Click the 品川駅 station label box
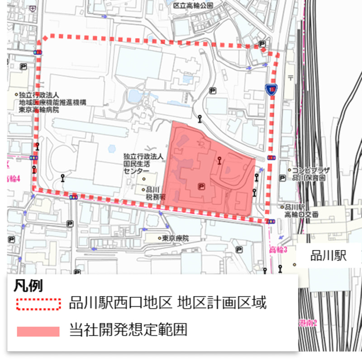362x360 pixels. coord(329,256)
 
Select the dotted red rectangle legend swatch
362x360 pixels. coord(38,303)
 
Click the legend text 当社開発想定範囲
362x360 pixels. coord(128,330)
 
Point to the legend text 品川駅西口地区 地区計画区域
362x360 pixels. coord(167,302)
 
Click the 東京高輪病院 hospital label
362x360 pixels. coord(39,103)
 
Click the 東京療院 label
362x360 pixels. coord(175,238)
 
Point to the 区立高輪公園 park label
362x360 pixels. coord(193,5)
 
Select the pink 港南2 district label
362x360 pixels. coord(309,323)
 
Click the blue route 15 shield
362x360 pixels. coord(271,89)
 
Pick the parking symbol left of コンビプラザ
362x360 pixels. coord(282,178)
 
